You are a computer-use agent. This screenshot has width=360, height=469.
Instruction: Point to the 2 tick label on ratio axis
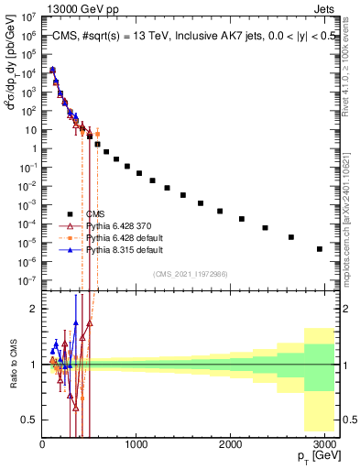(33, 309)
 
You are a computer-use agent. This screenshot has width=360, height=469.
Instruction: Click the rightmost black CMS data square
(320, 248)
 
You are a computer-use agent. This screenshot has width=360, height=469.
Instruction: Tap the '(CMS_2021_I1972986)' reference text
(190, 273)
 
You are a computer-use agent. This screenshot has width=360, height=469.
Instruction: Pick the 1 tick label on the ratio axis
(33, 365)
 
